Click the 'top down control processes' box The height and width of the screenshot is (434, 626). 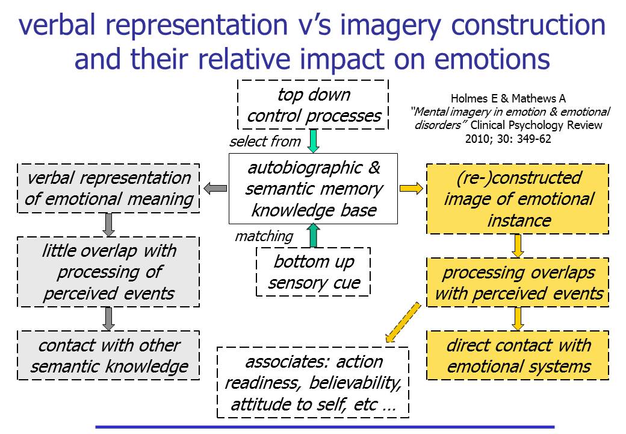313,105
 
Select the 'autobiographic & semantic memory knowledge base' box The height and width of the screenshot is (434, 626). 313,189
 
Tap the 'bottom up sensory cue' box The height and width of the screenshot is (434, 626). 313,272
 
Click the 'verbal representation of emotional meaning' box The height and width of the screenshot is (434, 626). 108,188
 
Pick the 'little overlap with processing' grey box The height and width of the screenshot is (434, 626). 108,272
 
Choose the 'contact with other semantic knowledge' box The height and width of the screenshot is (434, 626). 108,355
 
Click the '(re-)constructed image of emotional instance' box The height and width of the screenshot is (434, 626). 518,199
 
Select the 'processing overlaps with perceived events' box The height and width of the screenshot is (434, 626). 518,282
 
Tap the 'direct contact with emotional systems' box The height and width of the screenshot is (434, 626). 518,355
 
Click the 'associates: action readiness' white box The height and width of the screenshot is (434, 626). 313,382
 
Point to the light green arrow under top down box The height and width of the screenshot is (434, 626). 313,141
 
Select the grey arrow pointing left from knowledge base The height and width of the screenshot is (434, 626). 215,189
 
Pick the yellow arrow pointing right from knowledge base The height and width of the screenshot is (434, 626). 411,189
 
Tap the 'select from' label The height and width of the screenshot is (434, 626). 264,142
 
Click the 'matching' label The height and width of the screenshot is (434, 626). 264,236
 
